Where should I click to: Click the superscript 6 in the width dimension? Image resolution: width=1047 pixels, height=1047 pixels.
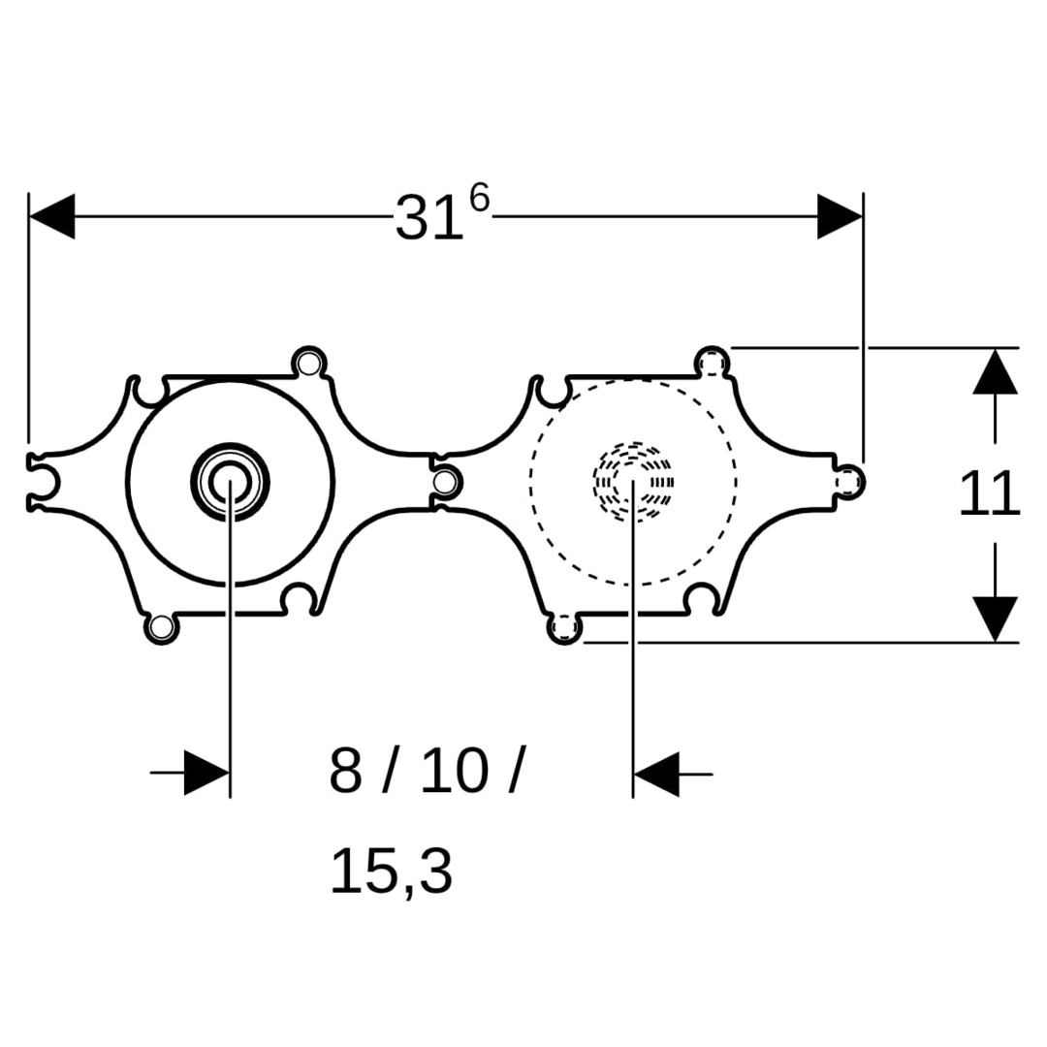click(479, 198)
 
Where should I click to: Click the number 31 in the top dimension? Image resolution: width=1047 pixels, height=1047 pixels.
click(429, 218)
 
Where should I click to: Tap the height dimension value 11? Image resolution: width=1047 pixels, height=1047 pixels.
click(990, 493)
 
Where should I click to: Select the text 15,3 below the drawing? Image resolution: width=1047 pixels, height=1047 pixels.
click(392, 872)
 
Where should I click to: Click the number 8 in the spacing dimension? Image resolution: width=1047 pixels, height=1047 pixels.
click(345, 772)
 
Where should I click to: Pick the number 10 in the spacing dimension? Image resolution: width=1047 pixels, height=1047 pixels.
click(455, 772)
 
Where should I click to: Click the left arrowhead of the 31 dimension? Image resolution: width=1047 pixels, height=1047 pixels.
click(52, 216)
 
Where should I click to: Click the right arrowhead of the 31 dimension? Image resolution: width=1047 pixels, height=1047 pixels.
click(840, 216)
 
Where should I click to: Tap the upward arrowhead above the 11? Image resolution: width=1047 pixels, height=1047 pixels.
click(995, 371)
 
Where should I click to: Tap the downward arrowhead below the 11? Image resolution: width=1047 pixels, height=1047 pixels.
click(995, 619)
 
